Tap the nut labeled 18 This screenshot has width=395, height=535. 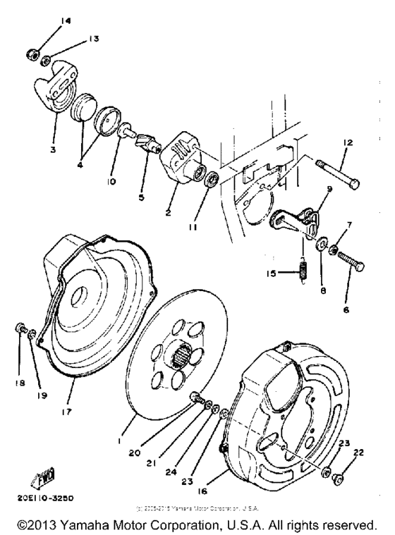click(x=22, y=328)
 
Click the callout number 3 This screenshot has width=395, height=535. click(x=54, y=150)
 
